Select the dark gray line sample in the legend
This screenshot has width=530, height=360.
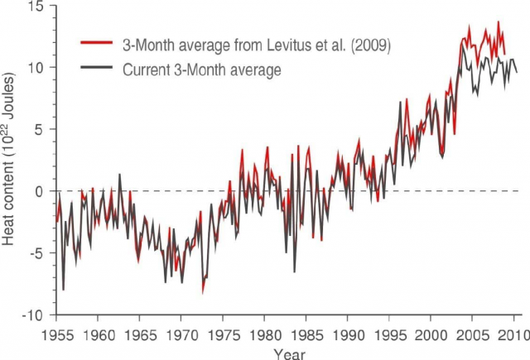(99, 70)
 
